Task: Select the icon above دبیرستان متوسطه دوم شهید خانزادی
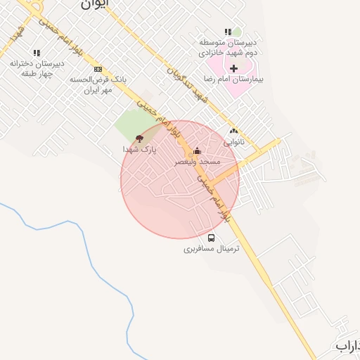point(227,32)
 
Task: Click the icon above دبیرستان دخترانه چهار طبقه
point(37,52)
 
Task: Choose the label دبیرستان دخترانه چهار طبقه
point(37,67)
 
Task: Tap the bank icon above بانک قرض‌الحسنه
point(98,69)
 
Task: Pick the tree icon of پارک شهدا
point(139,139)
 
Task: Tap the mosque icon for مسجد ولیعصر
point(197,150)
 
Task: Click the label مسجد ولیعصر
point(198,162)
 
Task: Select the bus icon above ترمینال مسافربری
point(212,237)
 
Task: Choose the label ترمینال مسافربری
point(212,249)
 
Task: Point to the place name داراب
point(347,346)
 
